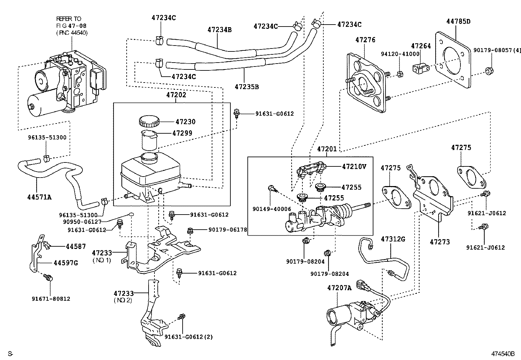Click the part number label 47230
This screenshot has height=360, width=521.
(x=185, y=122)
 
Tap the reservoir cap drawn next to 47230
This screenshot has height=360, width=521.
(x=149, y=122)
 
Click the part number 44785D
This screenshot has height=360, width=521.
(x=458, y=22)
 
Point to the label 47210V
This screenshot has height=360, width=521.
(x=354, y=166)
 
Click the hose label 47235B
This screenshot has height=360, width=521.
(x=247, y=87)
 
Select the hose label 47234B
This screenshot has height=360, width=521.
(x=220, y=30)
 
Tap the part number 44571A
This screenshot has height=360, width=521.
(x=39, y=197)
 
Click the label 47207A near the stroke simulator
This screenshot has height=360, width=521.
(x=339, y=288)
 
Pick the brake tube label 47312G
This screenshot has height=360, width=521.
(x=393, y=239)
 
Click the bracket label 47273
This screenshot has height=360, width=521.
(x=440, y=242)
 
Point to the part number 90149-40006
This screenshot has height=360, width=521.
(x=272, y=209)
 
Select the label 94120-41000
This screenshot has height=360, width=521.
(x=400, y=54)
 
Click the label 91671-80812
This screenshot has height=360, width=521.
(x=51, y=299)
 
